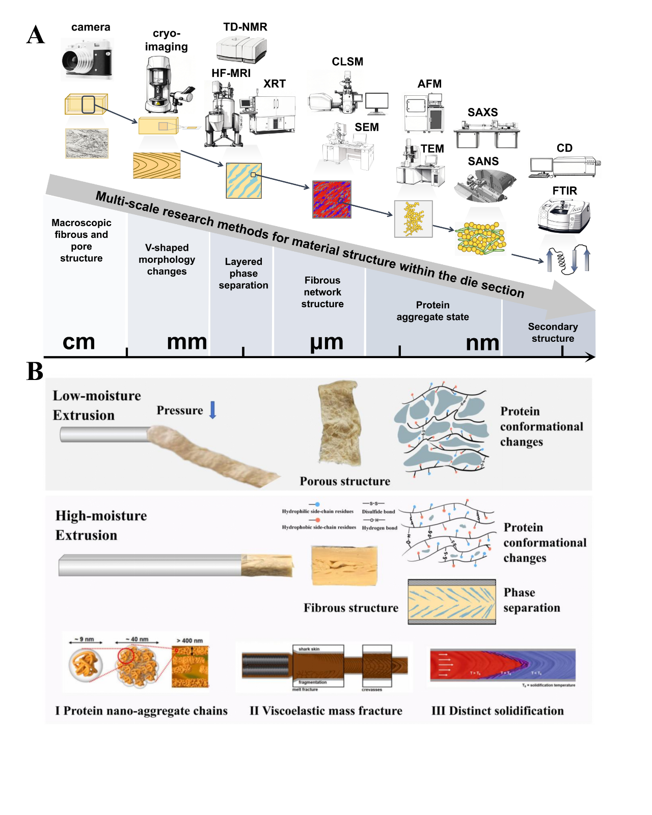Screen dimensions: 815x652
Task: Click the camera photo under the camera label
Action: click(87, 60)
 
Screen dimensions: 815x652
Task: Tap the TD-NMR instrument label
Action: click(245, 27)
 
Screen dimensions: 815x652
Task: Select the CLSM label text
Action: click(347, 62)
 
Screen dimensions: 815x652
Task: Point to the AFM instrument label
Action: click(429, 84)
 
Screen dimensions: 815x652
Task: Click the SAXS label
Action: click(482, 113)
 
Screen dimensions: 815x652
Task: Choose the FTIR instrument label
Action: click(564, 191)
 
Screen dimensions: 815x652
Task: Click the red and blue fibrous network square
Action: click(332, 200)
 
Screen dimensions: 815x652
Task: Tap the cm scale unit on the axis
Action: click(79, 342)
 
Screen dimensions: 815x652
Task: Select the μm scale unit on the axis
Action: click(327, 342)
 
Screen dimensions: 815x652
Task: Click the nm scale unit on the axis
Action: click(482, 343)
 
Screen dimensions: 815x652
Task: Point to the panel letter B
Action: click(35, 371)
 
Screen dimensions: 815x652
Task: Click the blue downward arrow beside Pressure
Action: click(213, 410)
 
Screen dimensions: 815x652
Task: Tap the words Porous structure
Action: click(345, 481)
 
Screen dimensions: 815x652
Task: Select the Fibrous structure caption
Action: click(351, 608)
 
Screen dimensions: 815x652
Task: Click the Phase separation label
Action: click(531, 600)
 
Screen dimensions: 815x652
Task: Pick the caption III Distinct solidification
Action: click(497, 711)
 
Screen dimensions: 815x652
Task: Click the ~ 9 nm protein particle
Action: click(86, 665)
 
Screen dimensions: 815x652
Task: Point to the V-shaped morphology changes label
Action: click(167, 259)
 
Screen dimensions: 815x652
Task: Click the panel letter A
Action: click(36, 35)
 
